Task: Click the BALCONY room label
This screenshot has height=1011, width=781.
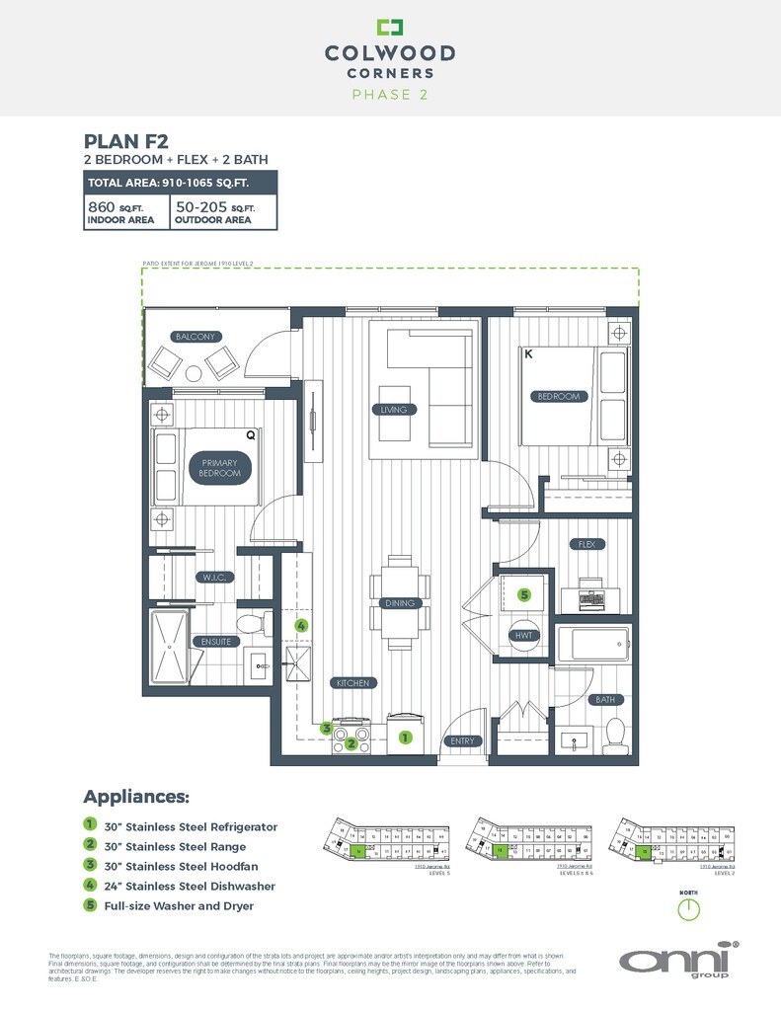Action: click(195, 337)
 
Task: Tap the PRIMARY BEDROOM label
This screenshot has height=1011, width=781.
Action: click(220, 468)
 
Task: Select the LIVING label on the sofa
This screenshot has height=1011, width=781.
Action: click(393, 410)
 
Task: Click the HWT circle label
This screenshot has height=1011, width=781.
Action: click(524, 636)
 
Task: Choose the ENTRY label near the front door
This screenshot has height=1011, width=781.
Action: click(463, 741)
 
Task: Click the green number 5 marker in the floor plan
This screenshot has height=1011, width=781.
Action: click(525, 594)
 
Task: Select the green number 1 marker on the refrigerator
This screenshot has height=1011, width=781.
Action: click(404, 737)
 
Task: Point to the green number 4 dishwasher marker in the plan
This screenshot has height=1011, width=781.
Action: click(301, 625)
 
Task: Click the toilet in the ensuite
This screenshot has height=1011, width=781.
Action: click(251, 624)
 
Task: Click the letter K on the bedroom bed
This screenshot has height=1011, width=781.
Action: click(529, 354)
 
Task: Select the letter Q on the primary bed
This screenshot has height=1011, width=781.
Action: click(250, 433)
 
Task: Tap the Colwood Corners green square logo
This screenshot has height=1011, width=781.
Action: click(390, 28)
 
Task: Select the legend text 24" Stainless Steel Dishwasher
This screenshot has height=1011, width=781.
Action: click(190, 886)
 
